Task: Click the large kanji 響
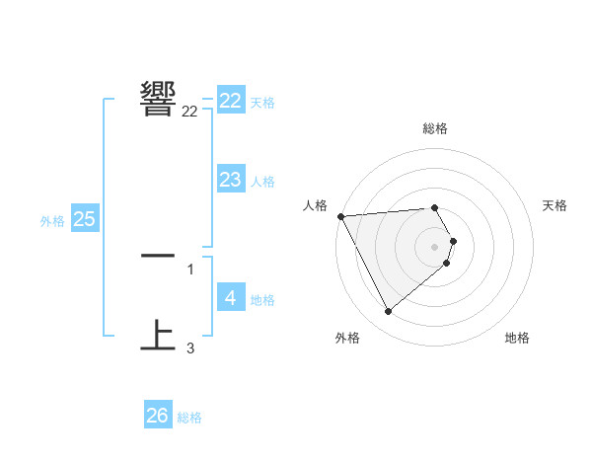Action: [159, 97]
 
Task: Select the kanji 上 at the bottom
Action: [159, 335]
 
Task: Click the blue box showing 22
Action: [231, 101]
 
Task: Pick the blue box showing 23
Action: [231, 180]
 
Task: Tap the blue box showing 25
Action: [85, 219]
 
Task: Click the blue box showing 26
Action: [158, 416]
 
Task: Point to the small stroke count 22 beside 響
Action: [189, 112]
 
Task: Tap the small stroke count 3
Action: [189, 348]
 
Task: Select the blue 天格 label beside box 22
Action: [262, 103]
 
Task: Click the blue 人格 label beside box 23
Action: [262, 182]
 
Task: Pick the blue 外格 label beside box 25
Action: [52, 221]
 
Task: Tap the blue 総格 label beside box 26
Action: [189, 418]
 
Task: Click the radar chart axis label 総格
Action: [435, 128]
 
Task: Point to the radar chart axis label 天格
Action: [555, 205]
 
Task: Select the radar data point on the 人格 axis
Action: [340, 216]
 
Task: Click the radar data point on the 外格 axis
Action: [388, 312]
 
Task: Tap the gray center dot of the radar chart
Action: [435, 247]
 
